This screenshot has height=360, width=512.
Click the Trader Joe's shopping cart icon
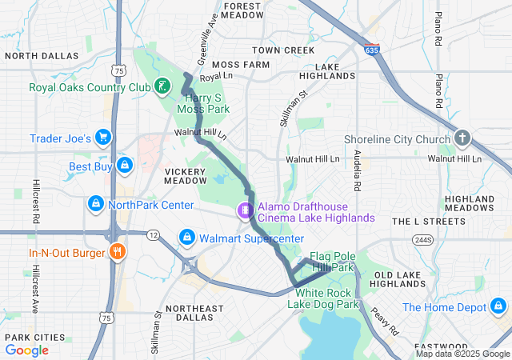(103, 138)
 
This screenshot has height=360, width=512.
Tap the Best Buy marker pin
(124, 166)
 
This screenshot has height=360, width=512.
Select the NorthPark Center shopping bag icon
(95, 204)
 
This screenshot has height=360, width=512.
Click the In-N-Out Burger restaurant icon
(118, 253)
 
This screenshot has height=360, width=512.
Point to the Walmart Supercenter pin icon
(186, 238)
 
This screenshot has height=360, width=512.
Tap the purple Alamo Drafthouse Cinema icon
(245, 211)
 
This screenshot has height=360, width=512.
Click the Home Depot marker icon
(498, 306)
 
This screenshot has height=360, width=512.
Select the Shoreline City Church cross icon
(462, 139)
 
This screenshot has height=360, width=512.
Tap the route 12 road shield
(152, 235)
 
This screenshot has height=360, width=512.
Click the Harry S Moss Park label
(202, 102)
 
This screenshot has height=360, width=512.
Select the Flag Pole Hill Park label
(332, 261)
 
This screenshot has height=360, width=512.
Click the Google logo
(27, 350)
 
